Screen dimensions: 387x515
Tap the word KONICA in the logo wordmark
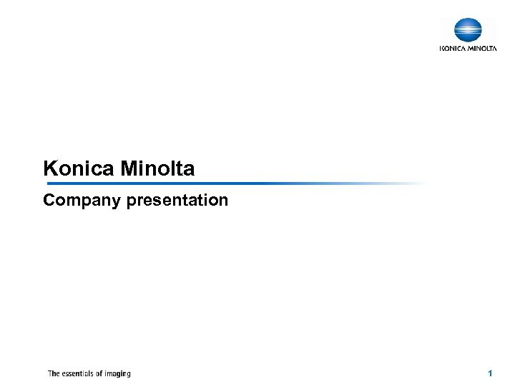click(452, 49)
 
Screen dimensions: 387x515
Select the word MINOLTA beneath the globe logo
click(481, 49)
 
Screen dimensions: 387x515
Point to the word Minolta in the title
click(157, 169)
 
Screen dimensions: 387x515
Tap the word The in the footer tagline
click(54, 373)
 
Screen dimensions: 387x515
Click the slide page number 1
click(490, 373)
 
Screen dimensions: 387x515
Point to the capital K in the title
click(49, 169)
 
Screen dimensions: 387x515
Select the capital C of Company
click(49, 200)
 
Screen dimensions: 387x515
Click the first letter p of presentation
click(131, 202)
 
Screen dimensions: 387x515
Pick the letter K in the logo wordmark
click(441, 49)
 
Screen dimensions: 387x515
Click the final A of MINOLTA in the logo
click(494, 49)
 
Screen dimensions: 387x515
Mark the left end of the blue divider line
click(44, 183)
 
